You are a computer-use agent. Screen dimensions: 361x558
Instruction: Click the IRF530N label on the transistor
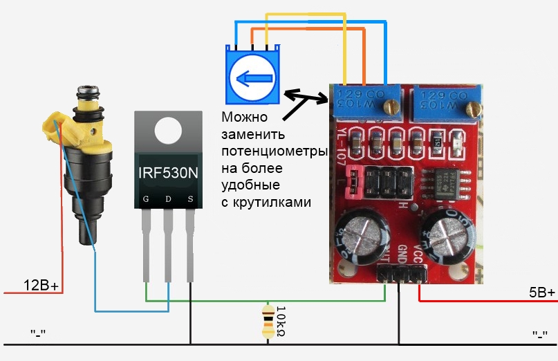point(167,172)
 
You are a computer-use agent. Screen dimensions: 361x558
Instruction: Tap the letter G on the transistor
point(146,200)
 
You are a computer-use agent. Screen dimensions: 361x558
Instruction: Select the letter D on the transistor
point(168,200)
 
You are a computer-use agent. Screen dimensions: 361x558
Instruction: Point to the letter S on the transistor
point(190,200)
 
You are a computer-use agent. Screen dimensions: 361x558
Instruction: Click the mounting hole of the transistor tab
point(168,129)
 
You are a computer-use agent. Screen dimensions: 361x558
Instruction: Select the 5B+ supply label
point(541,293)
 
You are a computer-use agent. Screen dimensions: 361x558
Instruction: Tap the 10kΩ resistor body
point(269,322)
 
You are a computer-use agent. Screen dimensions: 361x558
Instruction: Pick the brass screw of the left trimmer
point(392,106)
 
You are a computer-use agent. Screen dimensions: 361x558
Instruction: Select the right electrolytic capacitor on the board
point(448,239)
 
